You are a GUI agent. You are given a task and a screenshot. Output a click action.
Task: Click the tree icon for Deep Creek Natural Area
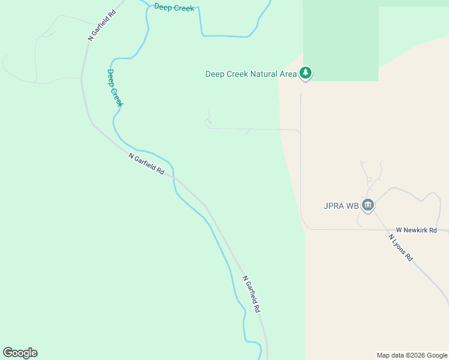pos(306,73)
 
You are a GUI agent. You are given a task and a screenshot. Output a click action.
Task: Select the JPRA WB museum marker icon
pos(368,206)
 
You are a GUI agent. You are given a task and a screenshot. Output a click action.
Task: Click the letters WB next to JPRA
pos(352,206)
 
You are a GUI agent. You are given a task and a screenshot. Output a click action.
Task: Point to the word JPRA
pos(333,206)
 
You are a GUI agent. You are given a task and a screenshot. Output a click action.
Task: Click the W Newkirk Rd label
pos(416,230)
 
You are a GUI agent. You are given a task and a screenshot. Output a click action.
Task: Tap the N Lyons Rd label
pos(400,247)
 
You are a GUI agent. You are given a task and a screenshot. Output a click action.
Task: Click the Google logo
pos(20,353)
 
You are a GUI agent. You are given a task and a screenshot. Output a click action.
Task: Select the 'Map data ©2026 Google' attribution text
pos(412,355)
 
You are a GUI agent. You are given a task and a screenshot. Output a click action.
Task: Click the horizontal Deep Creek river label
pos(174,8)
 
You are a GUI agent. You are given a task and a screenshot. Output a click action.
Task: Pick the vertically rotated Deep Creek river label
pos(115,88)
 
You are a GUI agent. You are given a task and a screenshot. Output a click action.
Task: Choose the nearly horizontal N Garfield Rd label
pos(146,163)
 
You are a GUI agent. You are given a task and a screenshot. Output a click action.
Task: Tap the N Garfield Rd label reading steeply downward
pos(252,293)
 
